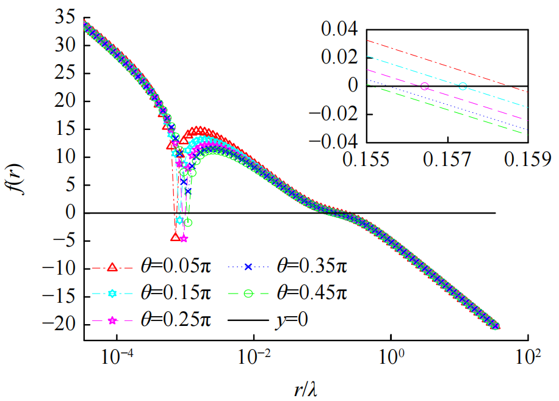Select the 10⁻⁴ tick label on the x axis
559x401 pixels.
pos(117,355)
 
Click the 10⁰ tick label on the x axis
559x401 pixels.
pos(391,355)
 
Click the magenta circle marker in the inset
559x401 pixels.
pos(425,86)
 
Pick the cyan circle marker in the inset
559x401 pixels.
pos(463,86)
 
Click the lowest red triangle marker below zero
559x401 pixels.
pos(176,237)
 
